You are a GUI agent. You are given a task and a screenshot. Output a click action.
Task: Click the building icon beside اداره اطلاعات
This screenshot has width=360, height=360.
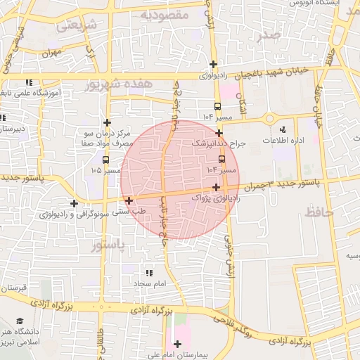pyautogui.click(x=283, y=129)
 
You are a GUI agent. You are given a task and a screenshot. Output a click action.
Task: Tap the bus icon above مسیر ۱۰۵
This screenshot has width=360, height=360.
pyautogui.click(x=105, y=160)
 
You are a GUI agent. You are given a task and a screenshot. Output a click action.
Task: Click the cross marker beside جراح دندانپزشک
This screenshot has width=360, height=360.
pyautogui.click(x=219, y=132)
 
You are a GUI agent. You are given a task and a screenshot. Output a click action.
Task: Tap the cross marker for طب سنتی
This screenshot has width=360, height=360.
pyautogui.click(x=129, y=201)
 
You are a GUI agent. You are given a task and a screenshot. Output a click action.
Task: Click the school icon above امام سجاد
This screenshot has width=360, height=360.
pyautogui.click(x=148, y=273)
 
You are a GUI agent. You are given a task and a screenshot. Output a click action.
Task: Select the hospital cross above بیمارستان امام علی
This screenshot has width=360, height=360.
pyautogui.click(x=176, y=344)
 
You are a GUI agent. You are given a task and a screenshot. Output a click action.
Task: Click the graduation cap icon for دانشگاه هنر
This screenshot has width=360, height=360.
pyautogui.click(x=19, y=321)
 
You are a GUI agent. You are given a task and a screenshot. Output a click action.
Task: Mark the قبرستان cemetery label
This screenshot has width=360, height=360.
pyautogui.click(x=13, y=288)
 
